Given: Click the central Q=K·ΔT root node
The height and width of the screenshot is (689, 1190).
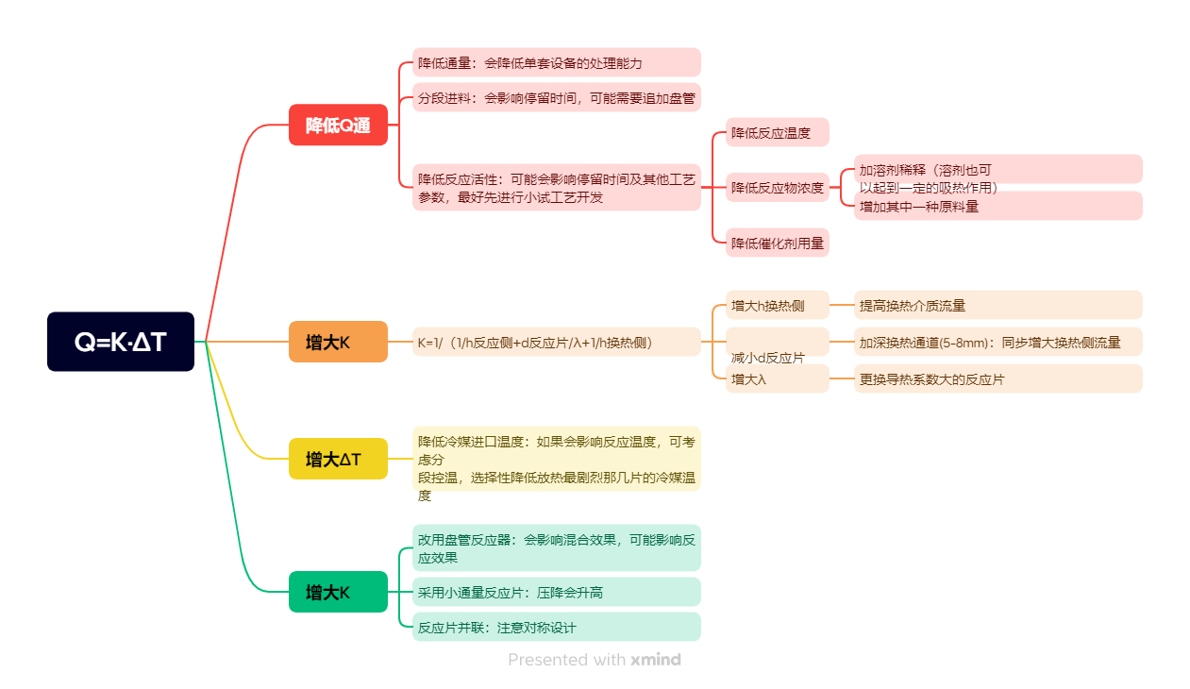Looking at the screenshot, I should click(x=121, y=342).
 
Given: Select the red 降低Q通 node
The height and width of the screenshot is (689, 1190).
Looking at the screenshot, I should click(x=338, y=125).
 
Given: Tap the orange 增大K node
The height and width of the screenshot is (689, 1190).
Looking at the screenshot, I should click(x=338, y=342).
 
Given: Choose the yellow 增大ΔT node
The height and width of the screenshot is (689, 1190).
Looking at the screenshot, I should click(x=338, y=459).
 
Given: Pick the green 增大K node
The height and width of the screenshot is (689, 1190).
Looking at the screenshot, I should click(x=338, y=592).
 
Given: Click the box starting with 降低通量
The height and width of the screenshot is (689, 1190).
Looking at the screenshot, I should click(x=556, y=62).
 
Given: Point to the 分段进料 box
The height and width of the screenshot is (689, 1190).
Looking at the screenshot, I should click(x=556, y=97).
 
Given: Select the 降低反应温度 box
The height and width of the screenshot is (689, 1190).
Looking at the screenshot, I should click(x=777, y=132).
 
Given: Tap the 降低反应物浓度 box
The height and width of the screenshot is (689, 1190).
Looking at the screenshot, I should click(x=777, y=187).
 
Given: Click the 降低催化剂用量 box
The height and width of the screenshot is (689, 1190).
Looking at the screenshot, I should click(x=777, y=243).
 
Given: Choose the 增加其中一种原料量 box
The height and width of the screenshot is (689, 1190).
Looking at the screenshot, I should click(x=997, y=206).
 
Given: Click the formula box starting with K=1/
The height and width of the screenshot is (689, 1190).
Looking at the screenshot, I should click(x=556, y=342).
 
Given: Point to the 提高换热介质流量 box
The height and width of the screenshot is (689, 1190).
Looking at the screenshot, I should click(x=997, y=305).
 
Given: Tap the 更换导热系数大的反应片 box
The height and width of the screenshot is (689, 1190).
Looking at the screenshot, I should click(x=997, y=378).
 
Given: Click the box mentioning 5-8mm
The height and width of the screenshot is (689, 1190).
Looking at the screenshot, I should click(x=997, y=342).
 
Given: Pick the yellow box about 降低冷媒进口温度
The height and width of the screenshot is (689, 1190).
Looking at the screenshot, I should click(x=556, y=459).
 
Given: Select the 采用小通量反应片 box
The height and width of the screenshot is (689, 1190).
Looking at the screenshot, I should click(x=556, y=592).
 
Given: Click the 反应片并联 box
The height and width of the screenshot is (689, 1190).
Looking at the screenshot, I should click(x=556, y=627).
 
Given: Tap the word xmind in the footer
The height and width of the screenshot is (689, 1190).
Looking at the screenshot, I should click(x=656, y=660).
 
